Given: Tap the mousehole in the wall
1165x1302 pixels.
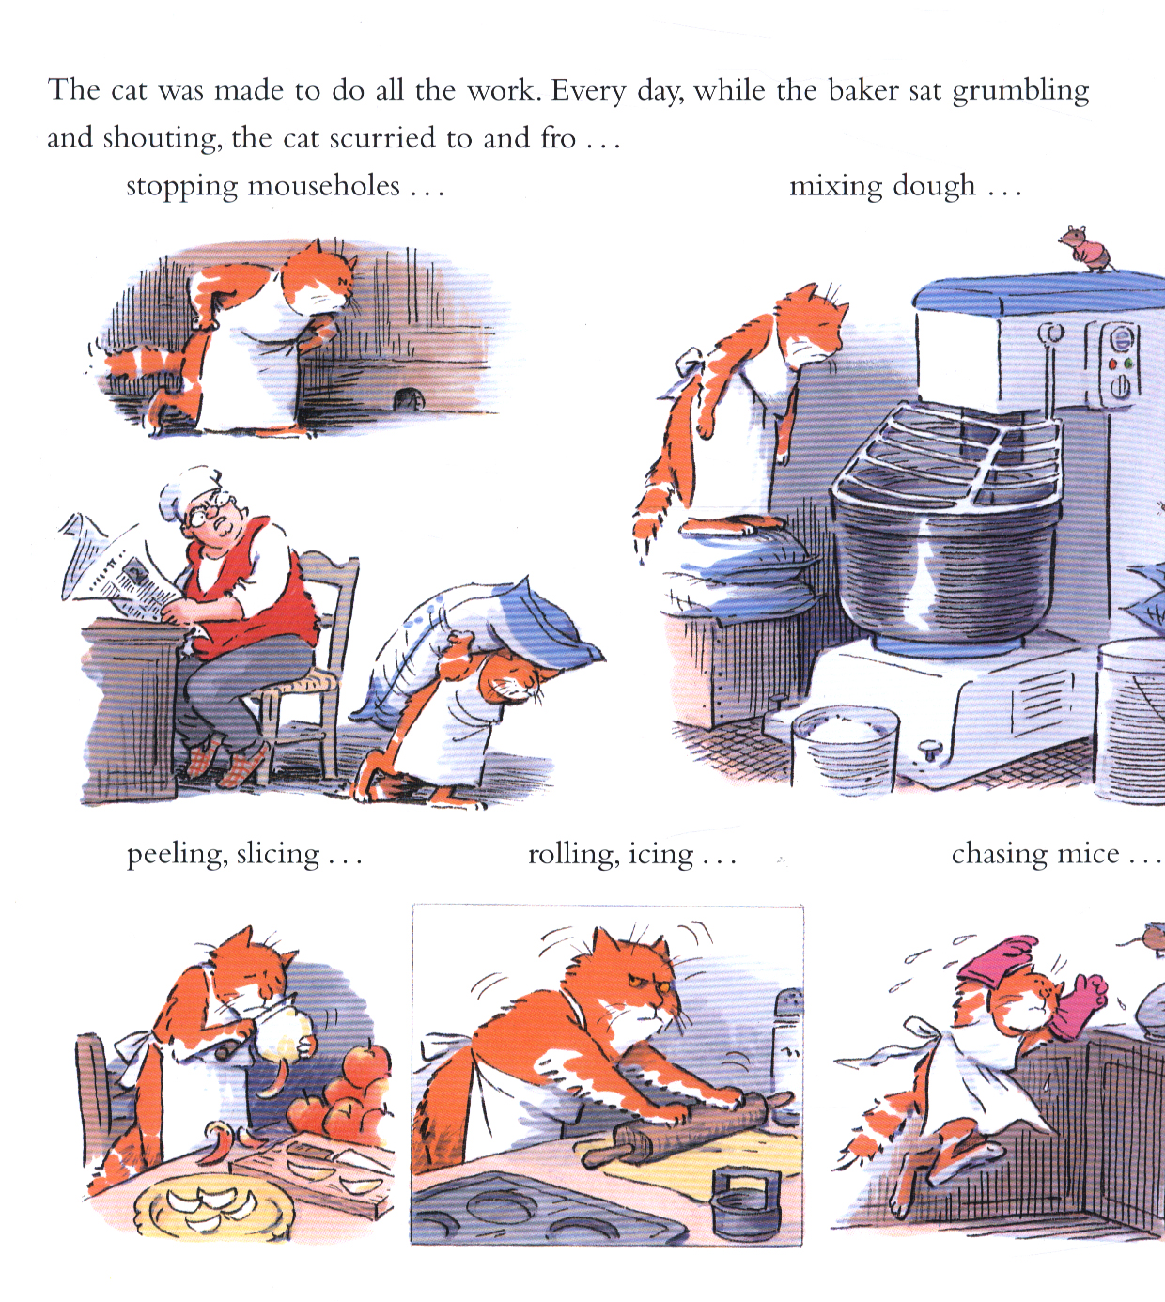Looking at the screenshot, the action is click(x=408, y=400).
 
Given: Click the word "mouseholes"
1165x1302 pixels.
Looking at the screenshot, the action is click(x=323, y=186).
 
